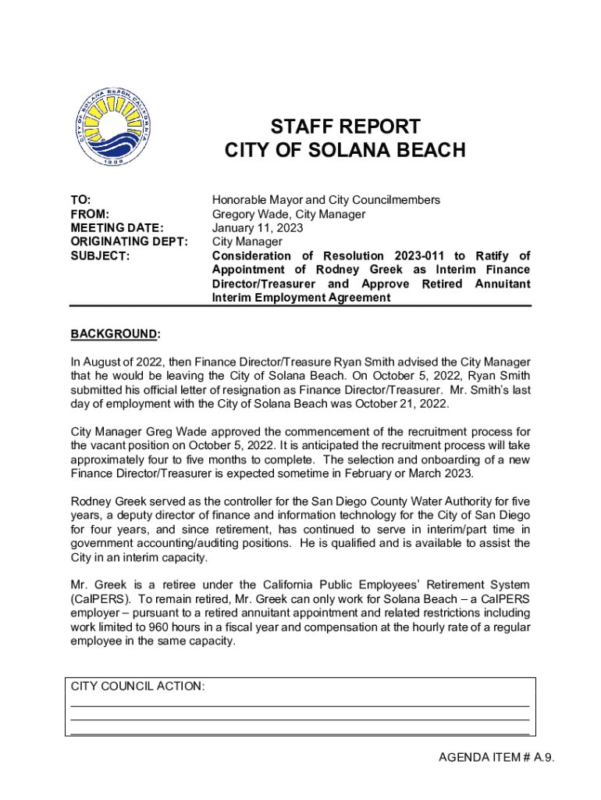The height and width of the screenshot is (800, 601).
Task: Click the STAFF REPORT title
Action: click(345, 127)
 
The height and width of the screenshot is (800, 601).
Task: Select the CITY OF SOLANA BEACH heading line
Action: click(345, 151)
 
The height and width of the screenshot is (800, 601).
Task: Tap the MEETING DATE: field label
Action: click(117, 228)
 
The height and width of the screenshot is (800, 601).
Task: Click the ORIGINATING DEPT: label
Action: click(130, 242)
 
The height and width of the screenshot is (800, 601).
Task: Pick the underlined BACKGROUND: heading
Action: click(116, 334)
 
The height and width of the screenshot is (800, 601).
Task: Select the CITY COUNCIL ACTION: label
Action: click(138, 687)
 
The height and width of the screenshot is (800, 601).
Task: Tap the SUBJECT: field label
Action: click(100, 256)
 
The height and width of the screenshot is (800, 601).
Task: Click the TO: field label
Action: click(81, 200)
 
